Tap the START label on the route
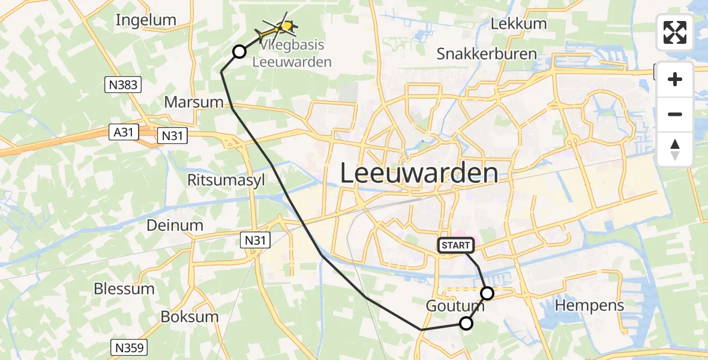456,245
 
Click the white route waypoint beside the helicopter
239,52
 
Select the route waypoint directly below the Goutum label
466,323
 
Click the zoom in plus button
675,79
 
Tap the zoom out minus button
675,114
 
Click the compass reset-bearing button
675,149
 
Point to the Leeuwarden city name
419,173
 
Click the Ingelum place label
146,20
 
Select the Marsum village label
194,102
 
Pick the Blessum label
124,289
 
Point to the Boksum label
190,317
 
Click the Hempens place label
589,305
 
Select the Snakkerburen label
487,53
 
